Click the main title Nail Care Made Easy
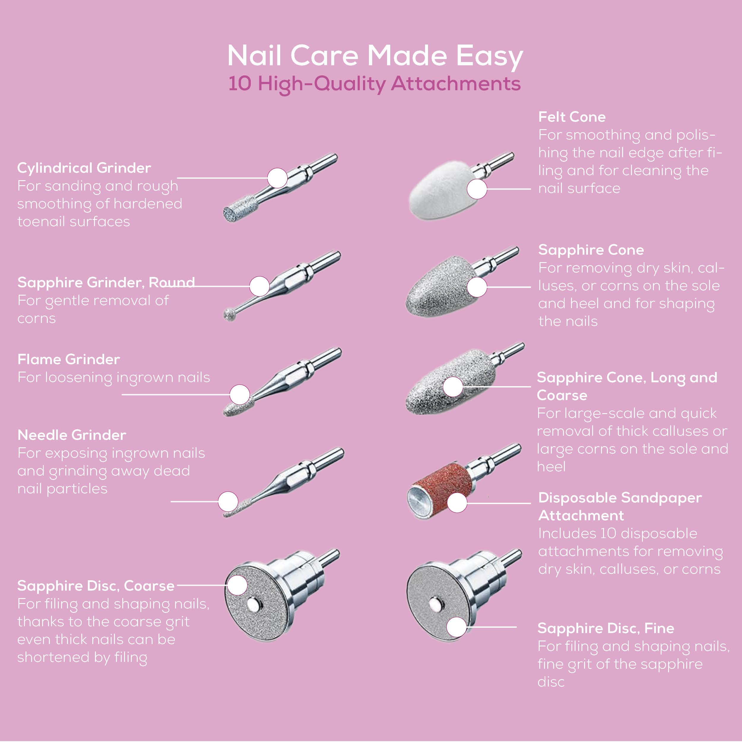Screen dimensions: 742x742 pos(375,56)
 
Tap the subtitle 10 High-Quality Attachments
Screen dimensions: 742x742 pos(375,84)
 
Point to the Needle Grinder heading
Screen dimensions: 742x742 pos(72,435)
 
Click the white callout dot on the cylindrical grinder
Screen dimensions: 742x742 pos(277,178)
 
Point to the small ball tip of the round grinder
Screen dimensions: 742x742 pos(230,314)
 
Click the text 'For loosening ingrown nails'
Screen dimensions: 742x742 pos(114,378)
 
